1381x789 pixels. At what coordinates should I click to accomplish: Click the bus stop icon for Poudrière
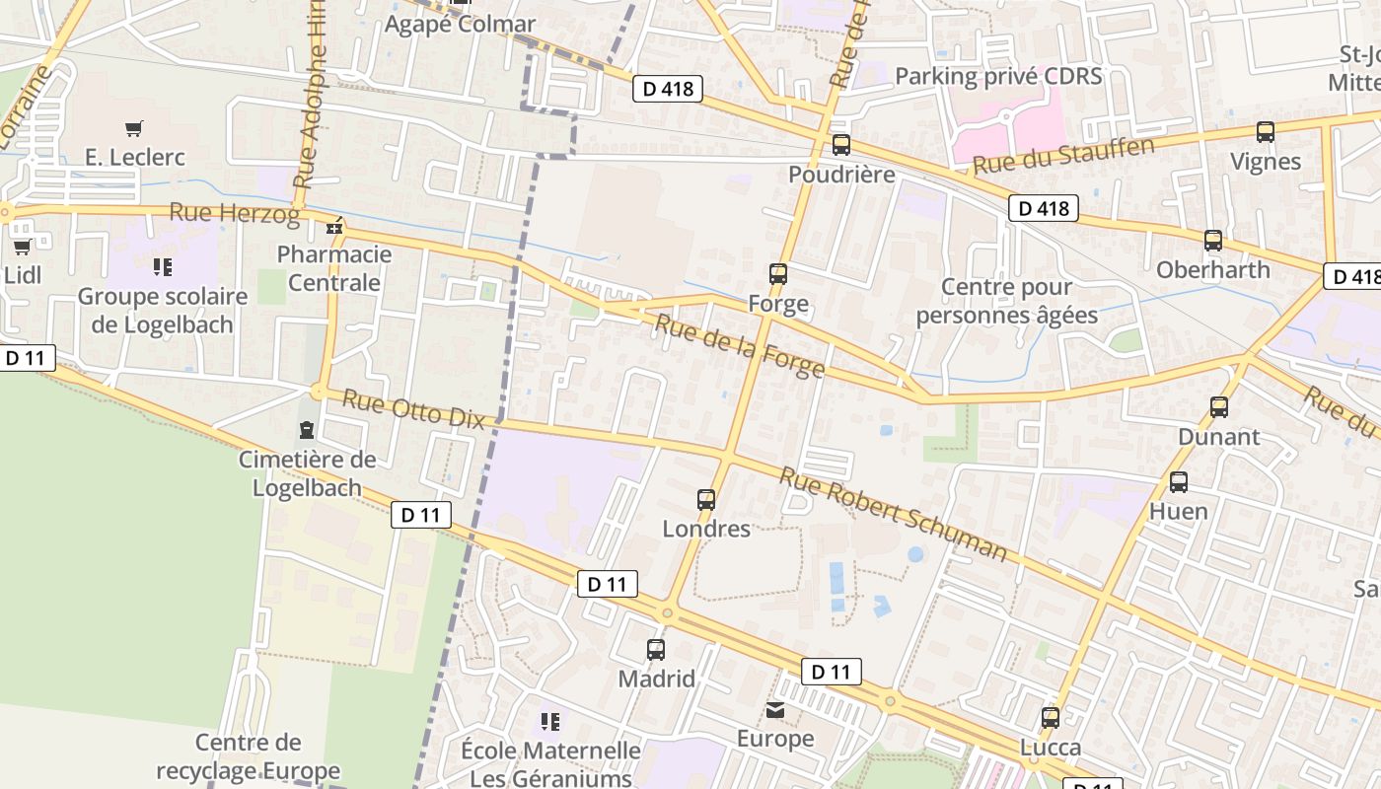[x=841, y=145]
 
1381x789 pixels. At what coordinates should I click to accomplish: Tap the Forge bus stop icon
[x=778, y=274]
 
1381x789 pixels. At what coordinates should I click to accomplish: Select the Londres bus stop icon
[x=706, y=500]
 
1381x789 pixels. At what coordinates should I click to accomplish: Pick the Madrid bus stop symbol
[x=656, y=650]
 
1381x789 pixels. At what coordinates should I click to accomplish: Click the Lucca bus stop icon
[x=1051, y=718]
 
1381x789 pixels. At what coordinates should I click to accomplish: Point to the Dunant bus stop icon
[x=1219, y=407]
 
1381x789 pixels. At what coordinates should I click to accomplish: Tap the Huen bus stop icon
[x=1179, y=482]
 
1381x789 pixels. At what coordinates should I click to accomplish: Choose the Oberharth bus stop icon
[x=1213, y=241]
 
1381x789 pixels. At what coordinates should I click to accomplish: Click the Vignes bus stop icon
[x=1266, y=132]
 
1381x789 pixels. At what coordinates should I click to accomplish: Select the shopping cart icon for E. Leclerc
[x=134, y=128]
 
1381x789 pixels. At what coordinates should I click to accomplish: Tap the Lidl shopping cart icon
[x=22, y=247]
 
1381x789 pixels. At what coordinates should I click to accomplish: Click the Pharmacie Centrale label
[x=334, y=268]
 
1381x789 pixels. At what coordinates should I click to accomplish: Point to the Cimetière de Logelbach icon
[x=307, y=430]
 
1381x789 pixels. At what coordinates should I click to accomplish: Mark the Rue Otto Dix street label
[x=414, y=410]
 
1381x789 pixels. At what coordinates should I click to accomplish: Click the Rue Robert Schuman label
[x=894, y=515]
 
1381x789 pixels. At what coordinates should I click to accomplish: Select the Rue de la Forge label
[x=740, y=346]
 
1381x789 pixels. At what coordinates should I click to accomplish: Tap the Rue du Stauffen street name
[x=1063, y=157]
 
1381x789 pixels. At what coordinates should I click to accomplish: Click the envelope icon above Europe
[x=776, y=710]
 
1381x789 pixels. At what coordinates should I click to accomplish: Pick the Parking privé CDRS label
[x=998, y=76]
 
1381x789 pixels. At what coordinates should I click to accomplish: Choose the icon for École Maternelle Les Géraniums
[x=550, y=722]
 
